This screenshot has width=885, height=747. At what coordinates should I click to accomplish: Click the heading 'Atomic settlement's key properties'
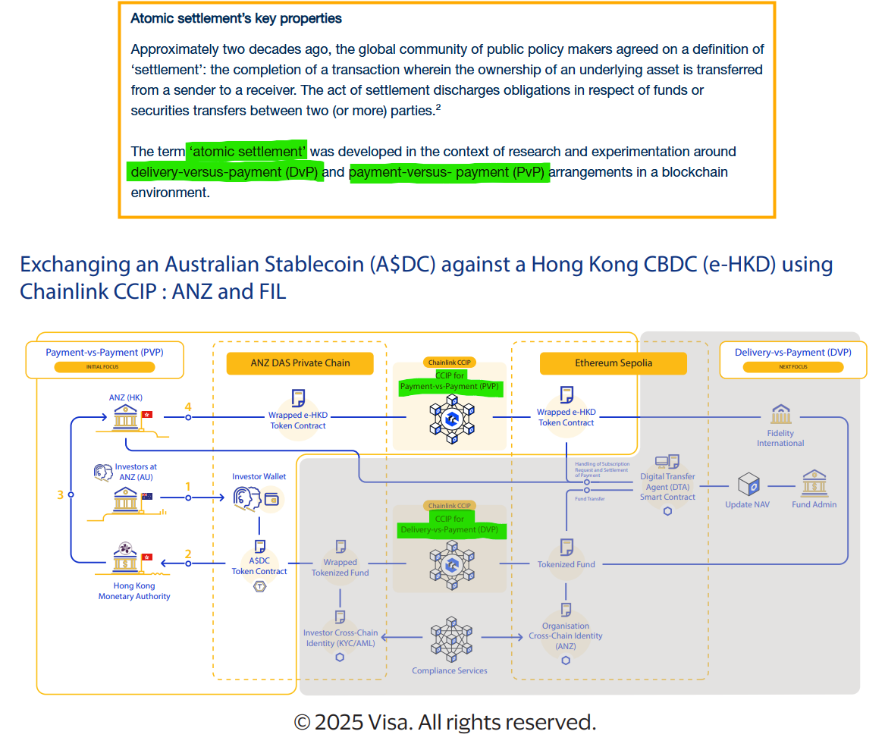pos(236,18)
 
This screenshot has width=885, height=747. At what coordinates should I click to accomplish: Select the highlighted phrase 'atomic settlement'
pos(247,152)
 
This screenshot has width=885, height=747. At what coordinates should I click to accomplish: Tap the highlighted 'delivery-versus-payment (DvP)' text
pos(225,172)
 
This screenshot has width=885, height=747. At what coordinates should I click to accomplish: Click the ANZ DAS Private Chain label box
pos(300,363)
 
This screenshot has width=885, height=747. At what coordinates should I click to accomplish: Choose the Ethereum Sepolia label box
pos(613,363)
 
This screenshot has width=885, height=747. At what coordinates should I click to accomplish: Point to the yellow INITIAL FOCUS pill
pos(105,367)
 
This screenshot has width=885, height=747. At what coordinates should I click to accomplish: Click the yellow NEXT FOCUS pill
pos(792,367)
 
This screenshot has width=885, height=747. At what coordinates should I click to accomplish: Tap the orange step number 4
pos(188,407)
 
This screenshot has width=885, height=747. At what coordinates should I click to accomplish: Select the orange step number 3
pos(61,494)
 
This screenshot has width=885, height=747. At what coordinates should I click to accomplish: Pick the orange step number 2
pos(188,554)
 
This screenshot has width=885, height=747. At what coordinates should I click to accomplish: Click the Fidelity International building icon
pos(780,414)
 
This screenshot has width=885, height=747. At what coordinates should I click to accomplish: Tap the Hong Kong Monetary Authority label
pos(134,591)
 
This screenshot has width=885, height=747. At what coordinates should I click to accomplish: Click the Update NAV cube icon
pos(748,483)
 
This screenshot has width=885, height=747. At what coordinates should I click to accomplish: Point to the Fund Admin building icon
pos(814,483)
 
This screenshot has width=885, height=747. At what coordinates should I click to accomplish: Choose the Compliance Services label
pos(450,670)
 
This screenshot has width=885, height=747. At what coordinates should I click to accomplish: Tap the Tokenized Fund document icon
pos(566,547)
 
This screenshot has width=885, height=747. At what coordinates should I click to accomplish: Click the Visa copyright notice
pos(444,722)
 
